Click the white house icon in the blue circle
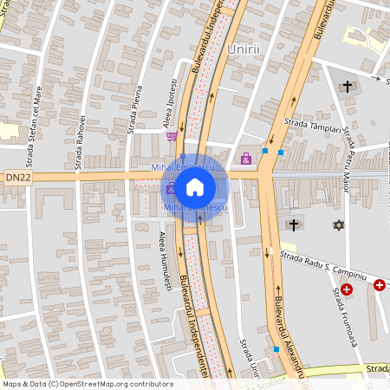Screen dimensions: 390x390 tap(195, 186)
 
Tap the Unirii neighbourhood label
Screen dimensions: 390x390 tap(243, 49)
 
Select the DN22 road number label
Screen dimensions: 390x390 tap(17, 178)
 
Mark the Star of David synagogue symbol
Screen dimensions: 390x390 tap(338, 225)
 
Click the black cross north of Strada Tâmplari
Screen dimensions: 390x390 tap(348, 87)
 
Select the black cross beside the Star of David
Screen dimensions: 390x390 tap(294, 225)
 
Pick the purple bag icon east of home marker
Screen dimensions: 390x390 tap(246, 159)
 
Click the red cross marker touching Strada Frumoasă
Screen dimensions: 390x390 tap(347, 289)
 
